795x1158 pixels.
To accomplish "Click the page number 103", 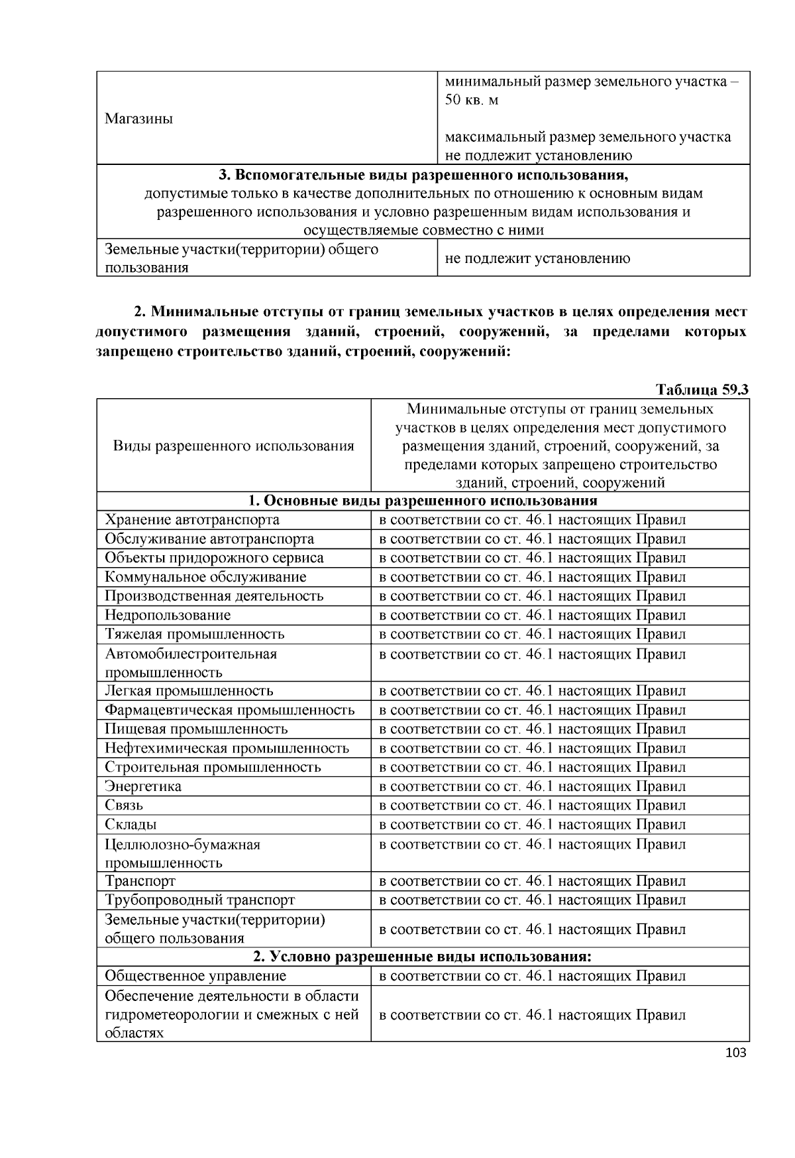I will click(x=736, y=1053).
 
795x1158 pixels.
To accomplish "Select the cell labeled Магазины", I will click(x=139, y=119).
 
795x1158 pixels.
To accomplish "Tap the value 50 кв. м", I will click(x=471, y=100).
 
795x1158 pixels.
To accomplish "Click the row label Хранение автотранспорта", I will click(x=192, y=519).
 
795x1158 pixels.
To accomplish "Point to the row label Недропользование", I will click(x=168, y=615).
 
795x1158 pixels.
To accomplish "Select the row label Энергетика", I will click(x=143, y=786).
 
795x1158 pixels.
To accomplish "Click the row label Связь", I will click(x=124, y=806).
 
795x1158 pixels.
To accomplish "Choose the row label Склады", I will click(x=131, y=825).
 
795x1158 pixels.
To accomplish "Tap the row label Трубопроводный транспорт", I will click(x=199, y=900).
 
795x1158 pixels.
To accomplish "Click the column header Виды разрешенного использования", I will click(x=233, y=445).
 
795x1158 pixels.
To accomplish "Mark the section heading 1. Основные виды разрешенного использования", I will click(x=423, y=500).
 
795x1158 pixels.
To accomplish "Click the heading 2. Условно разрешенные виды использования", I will click(x=423, y=957).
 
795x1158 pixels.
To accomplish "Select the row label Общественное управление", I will click(x=195, y=976).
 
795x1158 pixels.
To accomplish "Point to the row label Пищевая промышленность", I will click(x=196, y=729).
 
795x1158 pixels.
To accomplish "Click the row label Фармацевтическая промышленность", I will click(x=230, y=710).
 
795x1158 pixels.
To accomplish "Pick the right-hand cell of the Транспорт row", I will click(x=532, y=881).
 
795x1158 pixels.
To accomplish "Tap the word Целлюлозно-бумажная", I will click(x=183, y=845).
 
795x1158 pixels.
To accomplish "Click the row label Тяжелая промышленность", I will click(x=195, y=634).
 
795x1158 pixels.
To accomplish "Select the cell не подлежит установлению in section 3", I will click(x=537, y=258).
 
